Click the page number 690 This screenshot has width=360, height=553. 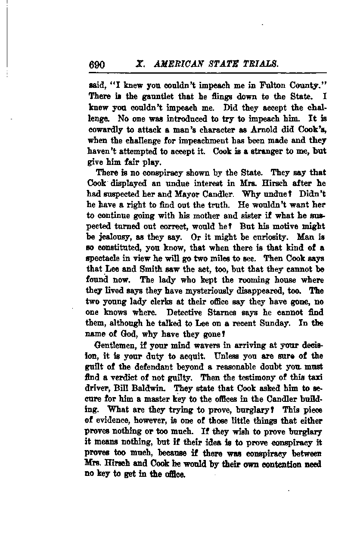pyautogui.click(x=97, y=65)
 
